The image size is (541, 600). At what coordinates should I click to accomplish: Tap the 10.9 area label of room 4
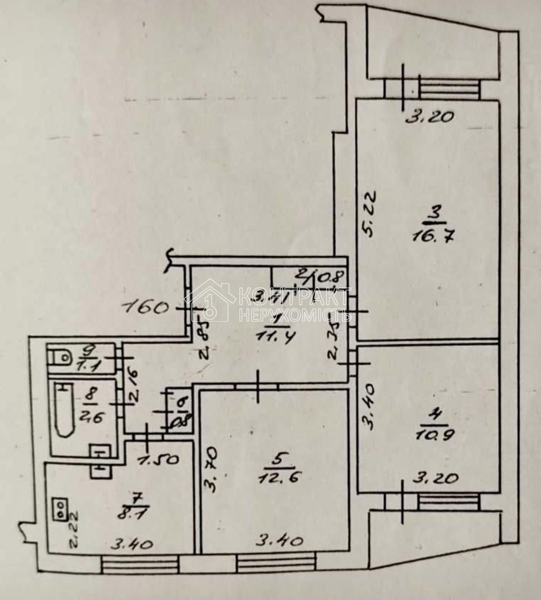click(x=435, y=435)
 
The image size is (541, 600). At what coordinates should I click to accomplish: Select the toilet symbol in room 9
click(x=59, y=358)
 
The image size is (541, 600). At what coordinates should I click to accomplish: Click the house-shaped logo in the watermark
click(x=211, y=302)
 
